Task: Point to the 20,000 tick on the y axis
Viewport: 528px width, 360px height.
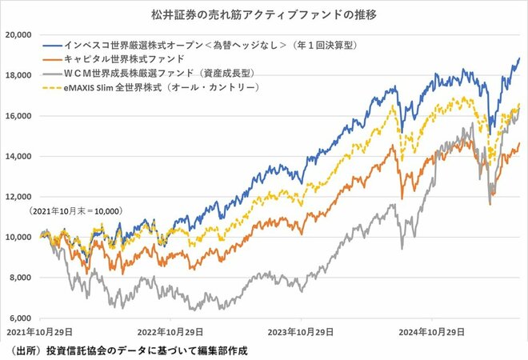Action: tap(18, 35)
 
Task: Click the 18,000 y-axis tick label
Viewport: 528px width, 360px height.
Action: tap(18, 75)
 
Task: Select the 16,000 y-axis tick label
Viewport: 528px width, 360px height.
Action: tap(18, 116)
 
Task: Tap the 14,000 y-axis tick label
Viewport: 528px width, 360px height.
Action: tap(18, 156)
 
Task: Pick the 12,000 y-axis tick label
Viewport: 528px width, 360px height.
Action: tap(18, 197)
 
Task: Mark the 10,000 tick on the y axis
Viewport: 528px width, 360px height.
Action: tap(18, 237)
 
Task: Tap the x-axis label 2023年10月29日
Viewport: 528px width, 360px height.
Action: tap(301, 331)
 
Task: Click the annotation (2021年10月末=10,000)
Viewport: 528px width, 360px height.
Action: tap(75, 210)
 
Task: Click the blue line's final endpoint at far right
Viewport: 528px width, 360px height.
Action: tap(519, 58)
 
